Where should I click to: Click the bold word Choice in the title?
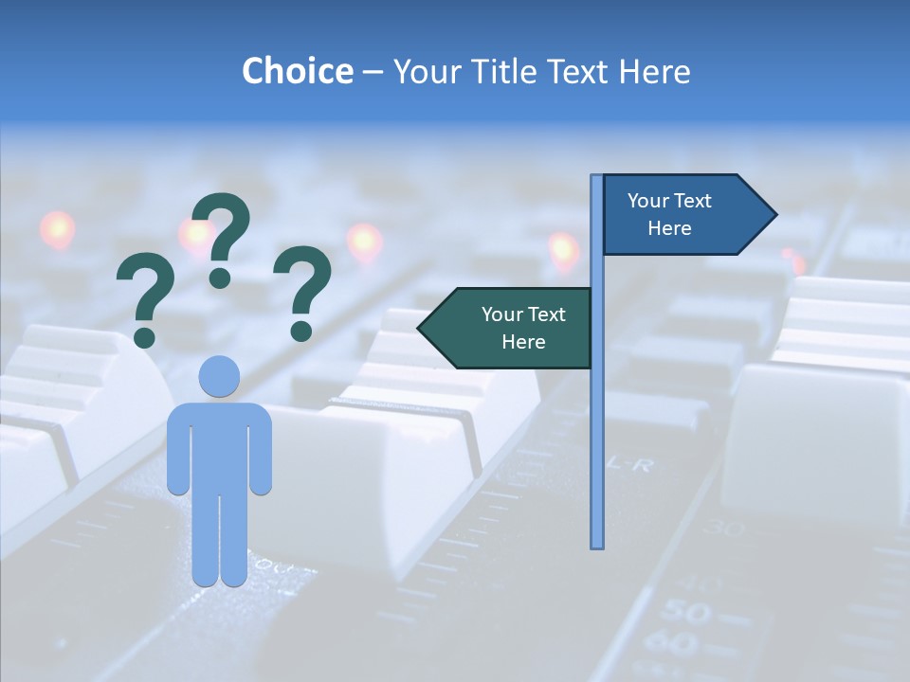click(297, 71)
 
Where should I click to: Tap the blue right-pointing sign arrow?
click(682, 214)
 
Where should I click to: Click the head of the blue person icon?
click(219, 376)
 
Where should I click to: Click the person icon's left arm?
click(177, 455)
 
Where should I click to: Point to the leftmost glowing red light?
click(57, 229)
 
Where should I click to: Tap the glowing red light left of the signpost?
click(564, 250)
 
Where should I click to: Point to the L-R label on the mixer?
click(629, 463)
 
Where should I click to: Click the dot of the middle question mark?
click(221, 277)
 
